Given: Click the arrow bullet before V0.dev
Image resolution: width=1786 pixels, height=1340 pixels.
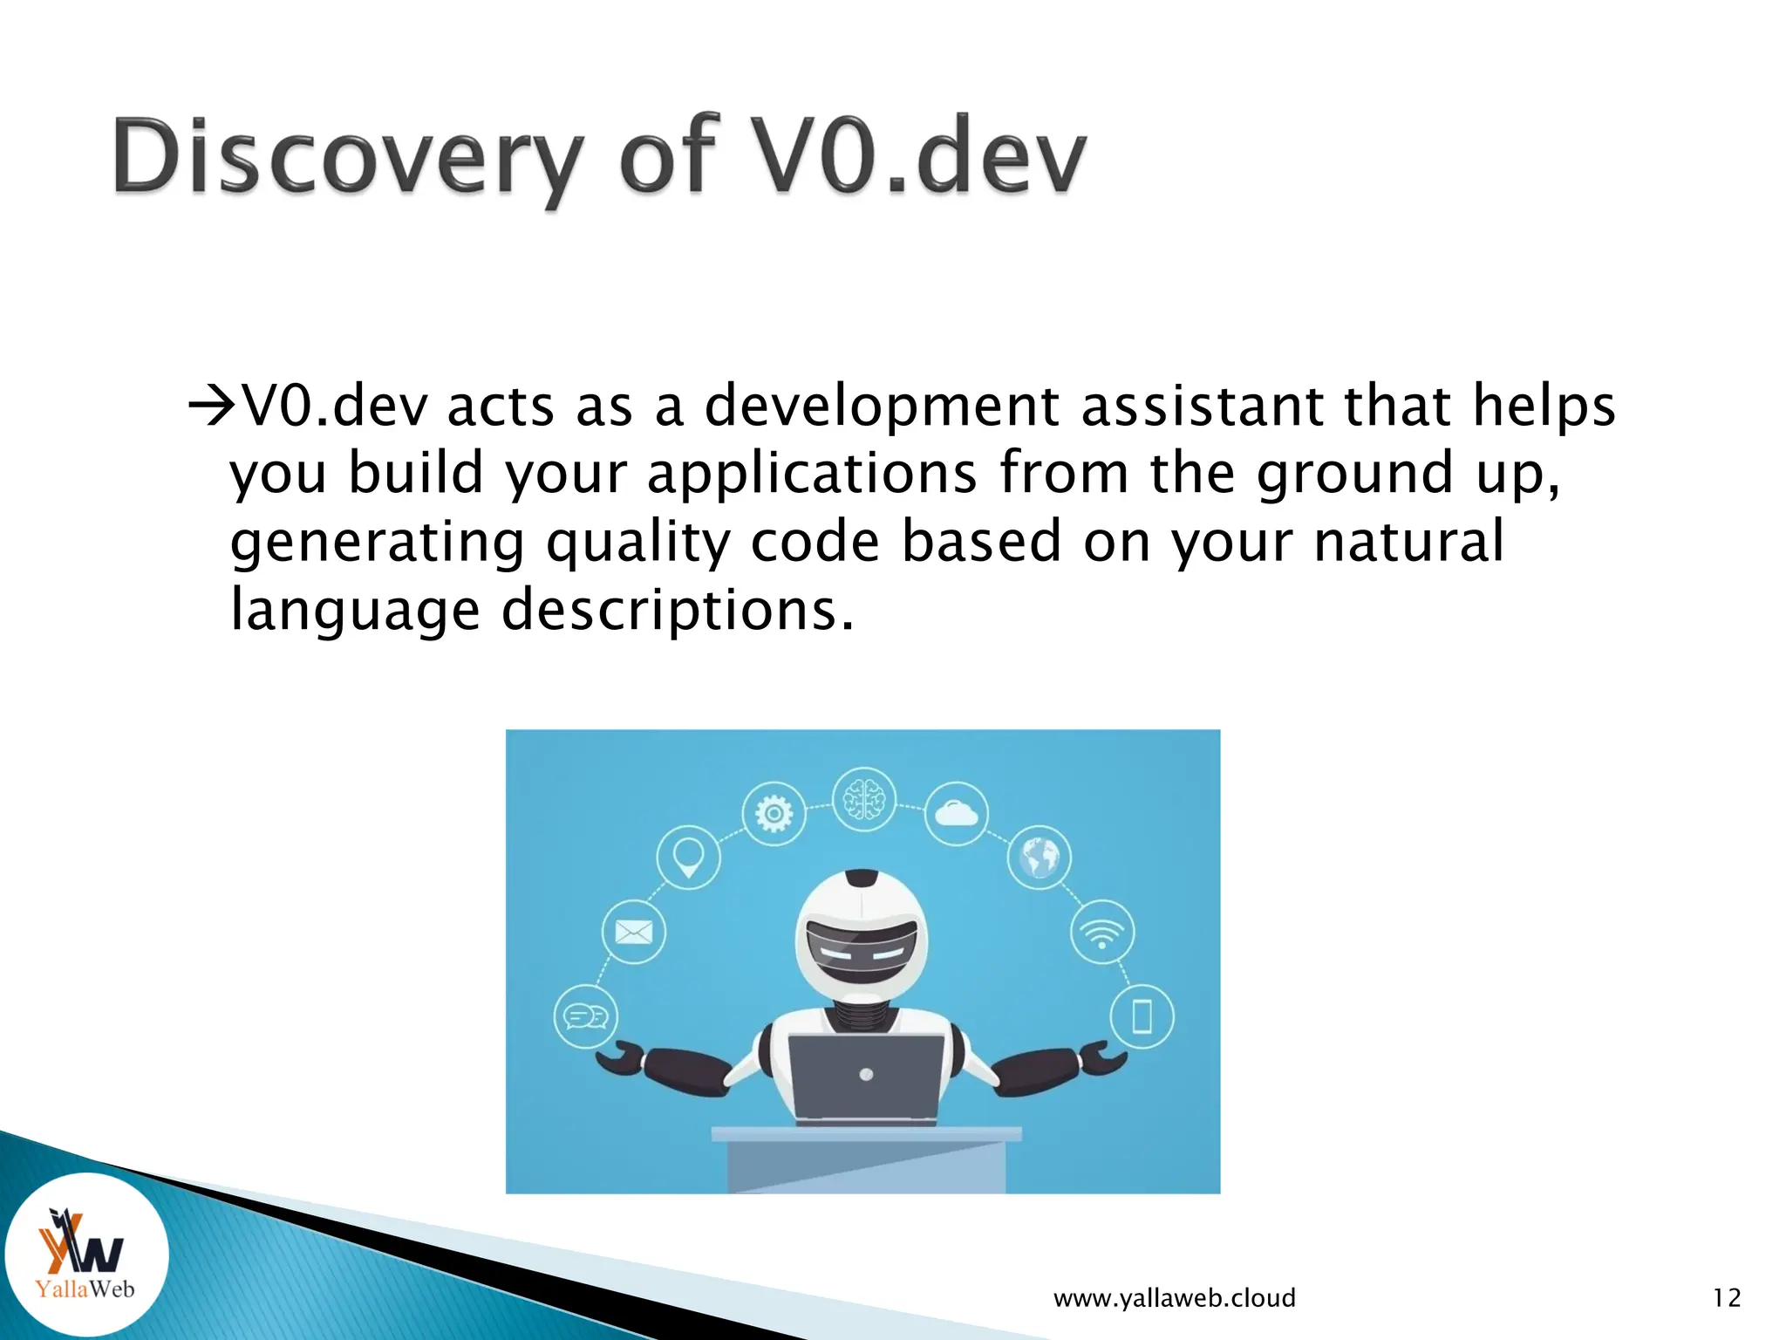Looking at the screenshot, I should [x=212, y=406].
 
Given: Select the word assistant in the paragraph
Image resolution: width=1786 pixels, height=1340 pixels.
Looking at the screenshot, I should [x=1203, y=406].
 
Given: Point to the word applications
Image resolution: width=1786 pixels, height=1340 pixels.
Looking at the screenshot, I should [x=812, y=473].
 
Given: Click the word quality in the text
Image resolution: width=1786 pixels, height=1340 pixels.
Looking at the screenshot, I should [x=638, y=541].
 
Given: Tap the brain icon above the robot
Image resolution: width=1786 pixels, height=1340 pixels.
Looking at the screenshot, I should [x=863, y=798].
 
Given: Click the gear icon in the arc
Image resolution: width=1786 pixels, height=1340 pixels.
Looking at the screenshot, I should [x=774, y=814].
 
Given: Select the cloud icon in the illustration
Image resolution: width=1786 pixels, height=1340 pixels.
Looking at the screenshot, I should [x=957, y=814].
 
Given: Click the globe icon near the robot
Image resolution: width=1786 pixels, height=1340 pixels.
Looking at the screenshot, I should [x=1040, y=858].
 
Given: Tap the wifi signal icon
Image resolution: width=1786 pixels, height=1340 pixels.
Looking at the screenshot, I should [x=1102, y=932].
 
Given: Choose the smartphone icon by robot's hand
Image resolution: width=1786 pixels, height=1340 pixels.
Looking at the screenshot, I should [x=1142, y=1016].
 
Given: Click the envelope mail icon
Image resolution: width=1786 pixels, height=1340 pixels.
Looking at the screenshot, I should [x=634, y=932].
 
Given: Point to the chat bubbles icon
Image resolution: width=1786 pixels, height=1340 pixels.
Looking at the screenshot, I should [x=586, y=1016].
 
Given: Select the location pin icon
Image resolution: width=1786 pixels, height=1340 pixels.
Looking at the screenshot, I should [x=688, y=857].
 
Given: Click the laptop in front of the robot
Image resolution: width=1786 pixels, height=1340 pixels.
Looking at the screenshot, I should [x=866, y=1076].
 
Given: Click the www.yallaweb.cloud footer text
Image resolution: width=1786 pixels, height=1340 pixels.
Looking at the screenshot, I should [x=1174, y=1298].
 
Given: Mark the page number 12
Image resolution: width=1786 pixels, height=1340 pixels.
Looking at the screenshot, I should [x=1726, y=1298].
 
